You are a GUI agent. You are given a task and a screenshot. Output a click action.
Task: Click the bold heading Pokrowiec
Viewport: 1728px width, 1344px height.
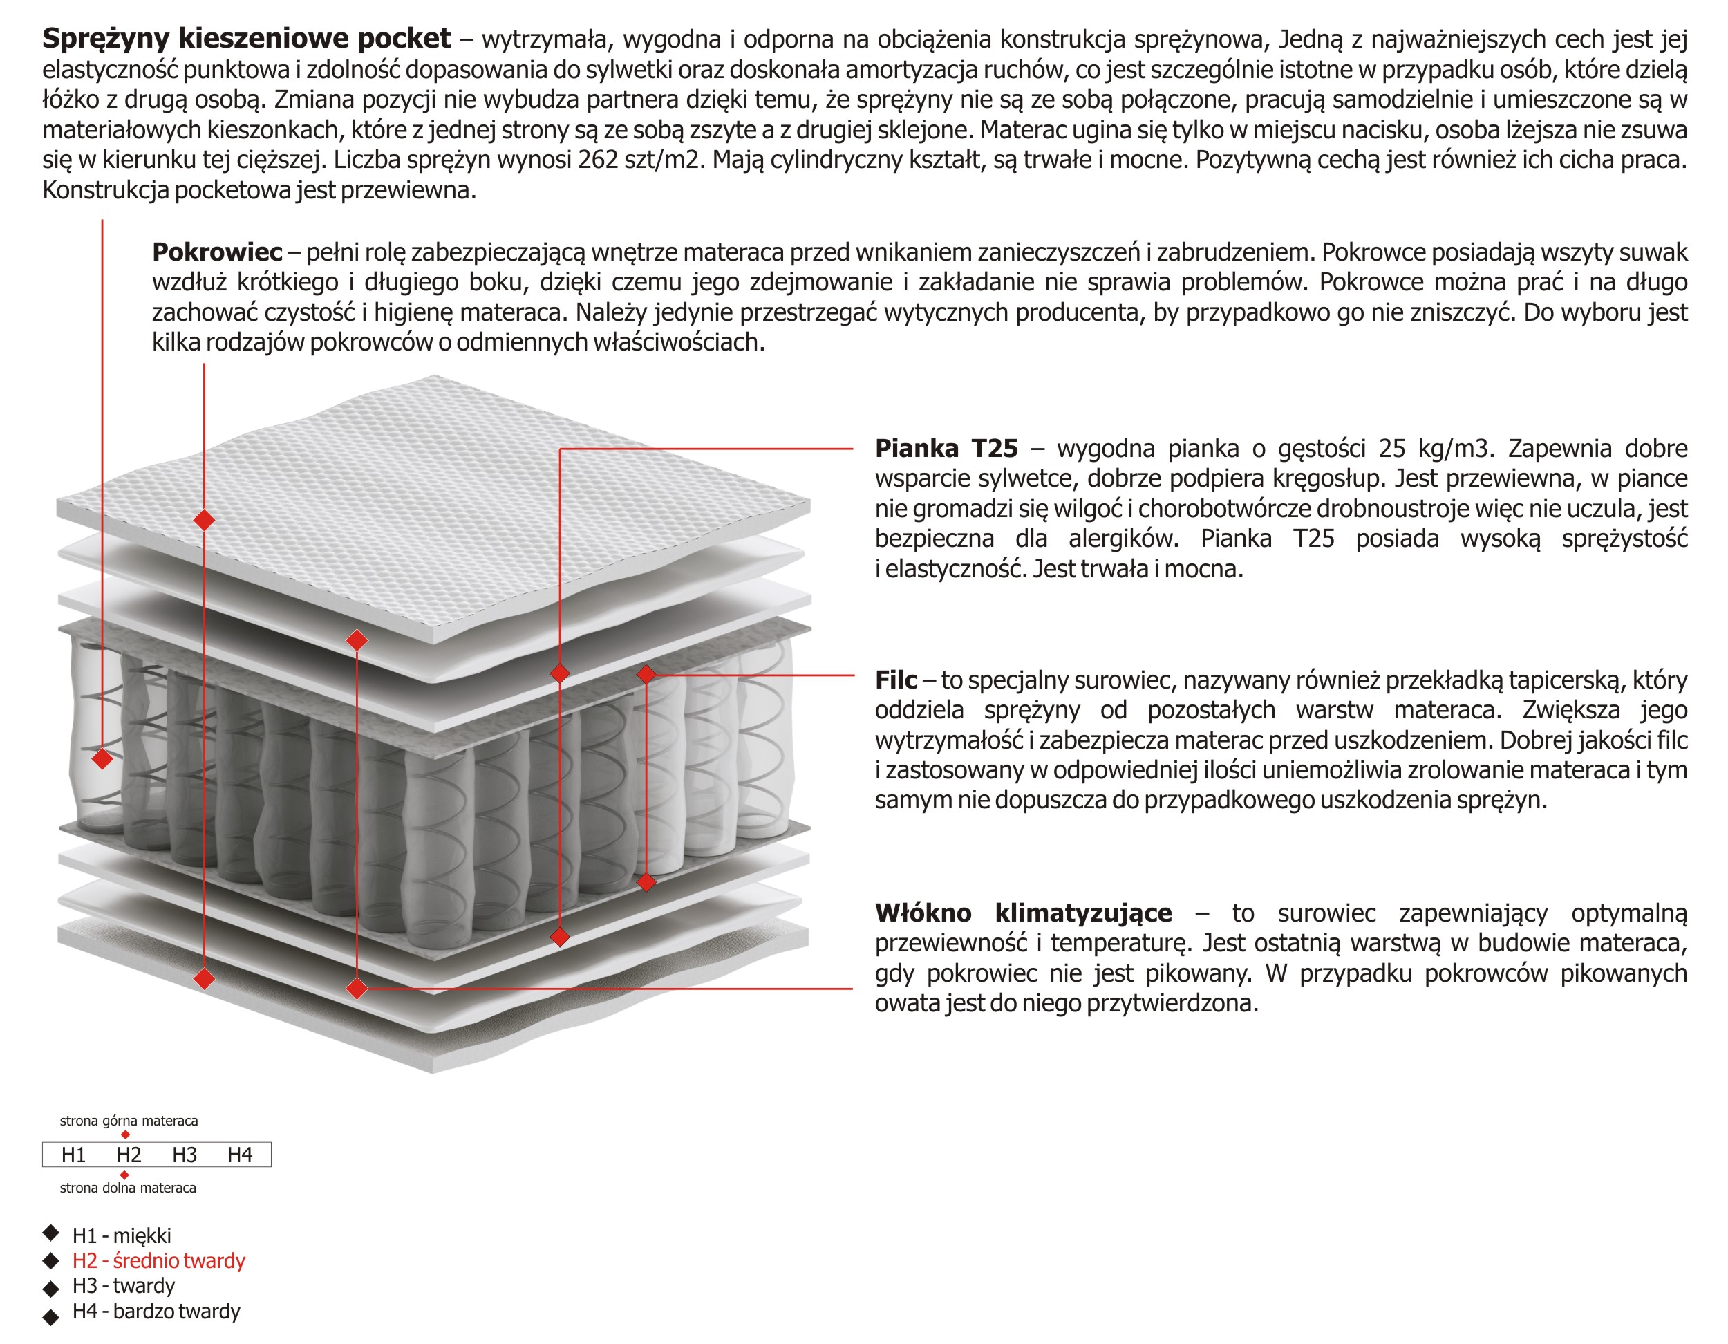click(217, 252)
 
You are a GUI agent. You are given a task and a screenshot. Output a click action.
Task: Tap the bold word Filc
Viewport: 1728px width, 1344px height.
click(896, 680)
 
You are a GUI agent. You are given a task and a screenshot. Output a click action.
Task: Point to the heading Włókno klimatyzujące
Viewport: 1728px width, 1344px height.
click(1023, 913)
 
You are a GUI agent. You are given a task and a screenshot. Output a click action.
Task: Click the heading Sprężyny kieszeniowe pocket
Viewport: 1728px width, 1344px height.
click(246, 38)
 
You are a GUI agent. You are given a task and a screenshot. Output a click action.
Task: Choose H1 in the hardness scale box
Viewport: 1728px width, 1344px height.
click(73, 1155)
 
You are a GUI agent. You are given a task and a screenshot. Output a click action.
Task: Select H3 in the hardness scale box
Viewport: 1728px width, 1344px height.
click(185, 1155)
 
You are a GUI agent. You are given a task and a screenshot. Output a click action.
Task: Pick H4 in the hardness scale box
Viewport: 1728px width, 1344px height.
click(240, 1155)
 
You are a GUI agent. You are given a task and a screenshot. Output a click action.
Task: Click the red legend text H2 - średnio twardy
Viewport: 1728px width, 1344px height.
click(158, 1261)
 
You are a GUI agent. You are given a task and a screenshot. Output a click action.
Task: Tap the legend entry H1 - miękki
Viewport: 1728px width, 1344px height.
click(121, 1235)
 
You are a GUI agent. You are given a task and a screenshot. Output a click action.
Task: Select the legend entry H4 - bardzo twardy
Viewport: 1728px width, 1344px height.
click(156, 1312)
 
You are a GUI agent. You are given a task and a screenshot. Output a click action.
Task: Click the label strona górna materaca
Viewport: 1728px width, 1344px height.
click(129, 1121)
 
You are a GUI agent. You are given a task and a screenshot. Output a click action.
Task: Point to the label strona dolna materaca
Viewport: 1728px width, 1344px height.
click(128, 1188)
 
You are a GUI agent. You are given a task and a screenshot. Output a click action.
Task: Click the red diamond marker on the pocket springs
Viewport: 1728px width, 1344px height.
click(102, 758)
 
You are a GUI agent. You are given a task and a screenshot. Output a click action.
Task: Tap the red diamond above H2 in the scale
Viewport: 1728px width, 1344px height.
click(125, 1135)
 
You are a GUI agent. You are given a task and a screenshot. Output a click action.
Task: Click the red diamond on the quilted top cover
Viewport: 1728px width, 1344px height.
click(204, 520)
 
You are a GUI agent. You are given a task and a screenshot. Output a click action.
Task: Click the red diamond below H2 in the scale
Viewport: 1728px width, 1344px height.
click(124, 1175)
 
